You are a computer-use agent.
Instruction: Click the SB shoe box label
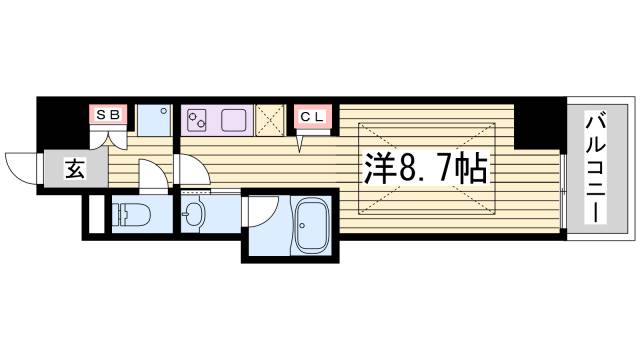click(x=108, y=115)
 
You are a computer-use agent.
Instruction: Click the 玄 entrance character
click(x=75, y=168)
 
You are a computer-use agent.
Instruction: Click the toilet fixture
click(x=129, y=213)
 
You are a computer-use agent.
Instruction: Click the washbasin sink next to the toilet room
click(x=192, y=214)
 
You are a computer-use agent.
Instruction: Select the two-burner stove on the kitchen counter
click(x=197, y=119)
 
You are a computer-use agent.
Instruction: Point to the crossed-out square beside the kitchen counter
click(x=271, y=119)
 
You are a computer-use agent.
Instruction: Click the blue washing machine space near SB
click(x=153, y=120)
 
